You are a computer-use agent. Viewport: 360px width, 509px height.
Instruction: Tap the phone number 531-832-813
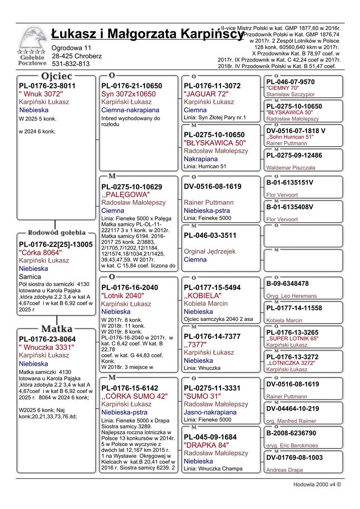click(x=70, y=64)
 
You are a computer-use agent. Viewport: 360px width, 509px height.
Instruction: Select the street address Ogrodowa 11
click(x=72, y=48)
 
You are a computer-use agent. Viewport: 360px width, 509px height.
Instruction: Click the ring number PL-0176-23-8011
click(x=47, y=86)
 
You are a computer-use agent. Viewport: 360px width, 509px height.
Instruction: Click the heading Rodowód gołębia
click(x=57, y=233)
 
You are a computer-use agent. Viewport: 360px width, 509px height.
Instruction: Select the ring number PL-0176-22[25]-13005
click(x=56, y=245)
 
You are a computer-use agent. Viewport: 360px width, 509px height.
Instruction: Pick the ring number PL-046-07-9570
click(x=290, y=82)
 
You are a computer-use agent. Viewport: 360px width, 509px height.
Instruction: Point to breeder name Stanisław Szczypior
click(x=290, y=95)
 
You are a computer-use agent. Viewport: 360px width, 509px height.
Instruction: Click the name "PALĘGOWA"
click(x=125, y=195)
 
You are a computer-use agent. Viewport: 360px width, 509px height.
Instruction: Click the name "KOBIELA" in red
click(x=203, y=296)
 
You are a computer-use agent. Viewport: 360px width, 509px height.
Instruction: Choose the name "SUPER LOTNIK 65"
click(x=293, y=338)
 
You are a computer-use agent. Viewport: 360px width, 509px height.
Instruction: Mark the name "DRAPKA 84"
click(x=206, y=445)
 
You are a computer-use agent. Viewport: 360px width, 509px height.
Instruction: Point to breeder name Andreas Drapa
click(x=284, y=470)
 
